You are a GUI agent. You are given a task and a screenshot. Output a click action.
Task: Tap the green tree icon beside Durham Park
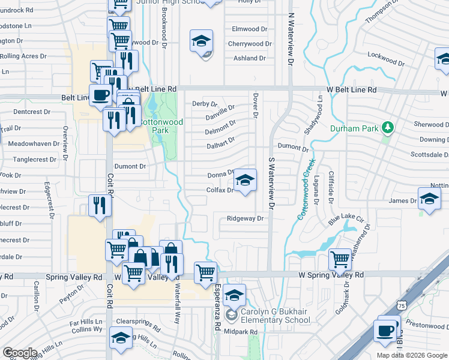(x=387, y=128)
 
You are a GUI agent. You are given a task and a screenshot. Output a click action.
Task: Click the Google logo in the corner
(x=20, y=353)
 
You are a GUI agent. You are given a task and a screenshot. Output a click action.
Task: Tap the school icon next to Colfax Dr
(x=244, y=181)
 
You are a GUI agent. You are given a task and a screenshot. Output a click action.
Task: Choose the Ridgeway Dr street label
(x=246, y=219)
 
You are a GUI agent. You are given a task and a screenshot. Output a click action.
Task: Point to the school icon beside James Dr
(x=429, y=200)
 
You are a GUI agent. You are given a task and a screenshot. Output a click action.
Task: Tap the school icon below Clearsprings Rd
(x=121, y=338)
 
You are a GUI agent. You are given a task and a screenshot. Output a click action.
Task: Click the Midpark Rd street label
(x=240, y=332)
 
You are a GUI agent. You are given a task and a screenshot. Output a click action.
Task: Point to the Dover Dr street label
(x=255, y=104)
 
